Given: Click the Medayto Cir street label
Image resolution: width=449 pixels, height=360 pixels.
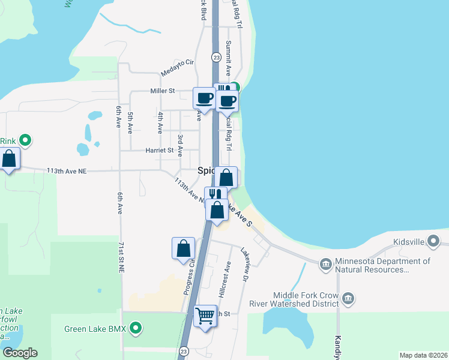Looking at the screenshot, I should click(178, 67).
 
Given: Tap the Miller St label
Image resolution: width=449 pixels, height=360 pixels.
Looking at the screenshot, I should click(162, 91).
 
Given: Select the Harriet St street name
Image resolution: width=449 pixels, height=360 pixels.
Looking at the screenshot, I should click(159, 150).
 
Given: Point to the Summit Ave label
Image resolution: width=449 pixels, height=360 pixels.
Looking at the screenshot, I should click(229, 58).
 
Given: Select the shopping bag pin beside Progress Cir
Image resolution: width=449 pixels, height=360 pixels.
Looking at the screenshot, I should click(183, 248).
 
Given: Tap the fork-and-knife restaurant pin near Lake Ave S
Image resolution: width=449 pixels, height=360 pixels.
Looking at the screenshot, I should click(215, 195).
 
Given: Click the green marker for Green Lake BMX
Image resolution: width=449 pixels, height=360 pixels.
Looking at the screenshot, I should click(136, 328).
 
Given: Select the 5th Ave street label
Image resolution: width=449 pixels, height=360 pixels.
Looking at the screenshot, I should click(130, 122).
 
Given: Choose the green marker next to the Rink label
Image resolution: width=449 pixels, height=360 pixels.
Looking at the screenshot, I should click(25, 141).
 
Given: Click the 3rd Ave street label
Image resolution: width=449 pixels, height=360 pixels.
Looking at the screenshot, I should click(179, 144).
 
